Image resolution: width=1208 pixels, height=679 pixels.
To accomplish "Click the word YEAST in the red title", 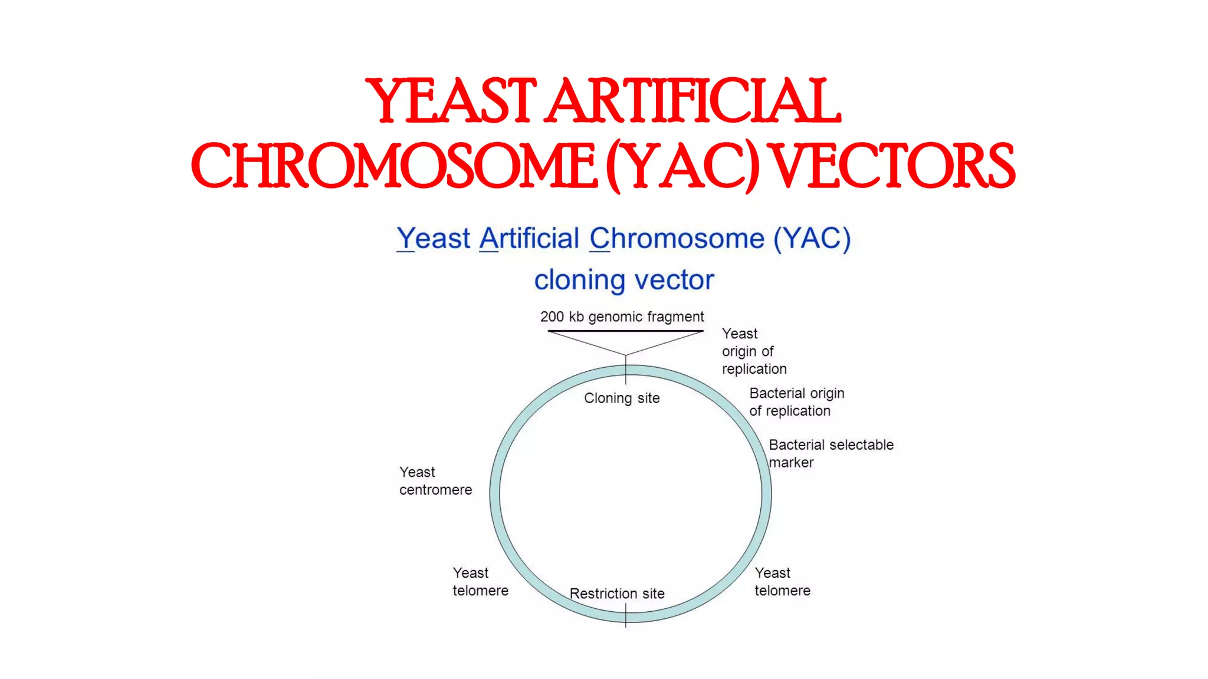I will pos(451,101).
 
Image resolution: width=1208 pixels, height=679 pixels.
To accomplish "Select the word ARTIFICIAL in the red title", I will pos(692,101).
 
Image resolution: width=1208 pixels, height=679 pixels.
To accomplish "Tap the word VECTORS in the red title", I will pos(893,167).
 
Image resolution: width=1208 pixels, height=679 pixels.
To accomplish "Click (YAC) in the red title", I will pos(683,167).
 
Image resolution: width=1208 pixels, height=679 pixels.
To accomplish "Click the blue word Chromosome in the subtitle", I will pos(677,239).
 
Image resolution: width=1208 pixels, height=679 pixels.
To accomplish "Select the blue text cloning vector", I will pos(623,280).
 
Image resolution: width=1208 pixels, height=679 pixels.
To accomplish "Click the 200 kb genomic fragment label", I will pos(622,317).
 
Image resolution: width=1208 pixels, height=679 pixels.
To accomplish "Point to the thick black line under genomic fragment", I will pos(625,331).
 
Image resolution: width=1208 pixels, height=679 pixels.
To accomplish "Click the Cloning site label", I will pos(622,398).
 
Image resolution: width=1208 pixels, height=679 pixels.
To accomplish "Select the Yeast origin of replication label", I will pos(753,351).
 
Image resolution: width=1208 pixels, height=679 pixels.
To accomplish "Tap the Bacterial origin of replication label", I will pos(796,402).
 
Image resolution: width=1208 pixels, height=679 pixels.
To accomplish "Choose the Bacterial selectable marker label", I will pos(830,453).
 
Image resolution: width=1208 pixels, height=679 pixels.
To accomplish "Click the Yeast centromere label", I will pos(435,481).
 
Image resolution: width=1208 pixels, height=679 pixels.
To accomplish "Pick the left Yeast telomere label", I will pos(480,582).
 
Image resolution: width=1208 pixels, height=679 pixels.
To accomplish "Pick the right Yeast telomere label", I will pos(782,582).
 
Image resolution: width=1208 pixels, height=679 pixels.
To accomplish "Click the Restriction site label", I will pos(617,594).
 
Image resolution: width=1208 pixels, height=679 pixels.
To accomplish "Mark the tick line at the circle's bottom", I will pos(626,616).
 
